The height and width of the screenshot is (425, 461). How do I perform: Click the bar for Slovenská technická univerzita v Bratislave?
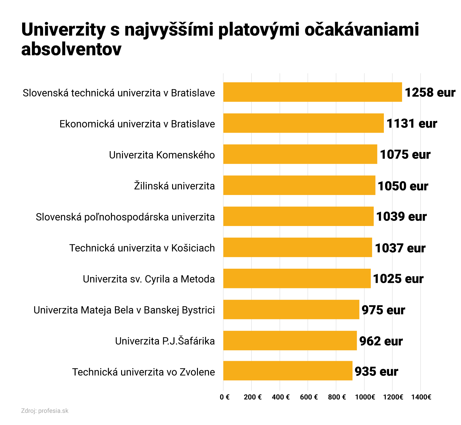[x=312, y=92]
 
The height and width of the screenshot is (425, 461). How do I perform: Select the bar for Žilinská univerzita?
[x=299, y=185]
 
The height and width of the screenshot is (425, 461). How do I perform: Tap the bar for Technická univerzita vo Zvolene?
[x=288, y=371]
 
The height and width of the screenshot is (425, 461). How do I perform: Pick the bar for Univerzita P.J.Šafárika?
[x=290, y=340]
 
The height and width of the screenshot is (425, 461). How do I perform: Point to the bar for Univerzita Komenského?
[x=300, y=154]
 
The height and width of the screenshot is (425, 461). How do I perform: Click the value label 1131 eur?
[x=412, y=123]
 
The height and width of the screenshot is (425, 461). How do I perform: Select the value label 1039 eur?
[x=401, y=216]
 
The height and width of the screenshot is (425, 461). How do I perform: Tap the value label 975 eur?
[x=383, y=310]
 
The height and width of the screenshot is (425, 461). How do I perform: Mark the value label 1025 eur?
[x=398, y=279]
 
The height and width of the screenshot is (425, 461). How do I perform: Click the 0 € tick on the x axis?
[x=225, y=397]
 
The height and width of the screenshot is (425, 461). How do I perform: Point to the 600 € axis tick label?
[x=309, y=397]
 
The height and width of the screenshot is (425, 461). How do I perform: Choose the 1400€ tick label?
[x=421, y=397]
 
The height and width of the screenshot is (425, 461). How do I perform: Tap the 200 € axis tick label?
[x=253, y=397]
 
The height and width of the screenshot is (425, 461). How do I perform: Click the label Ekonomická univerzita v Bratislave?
[x=137, y=124]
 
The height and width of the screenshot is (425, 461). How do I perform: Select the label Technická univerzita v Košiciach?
[x=142, y=248]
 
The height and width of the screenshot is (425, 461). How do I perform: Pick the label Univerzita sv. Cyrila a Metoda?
[x=149, y=279]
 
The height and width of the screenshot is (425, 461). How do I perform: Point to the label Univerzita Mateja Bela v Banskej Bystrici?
[x=124, y=310]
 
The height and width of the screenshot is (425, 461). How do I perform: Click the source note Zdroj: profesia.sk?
[x=45, y=411]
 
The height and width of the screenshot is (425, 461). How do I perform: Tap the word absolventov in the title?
[x=71, y=49]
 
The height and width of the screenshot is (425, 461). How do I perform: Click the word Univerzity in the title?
[x=63, y=30]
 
